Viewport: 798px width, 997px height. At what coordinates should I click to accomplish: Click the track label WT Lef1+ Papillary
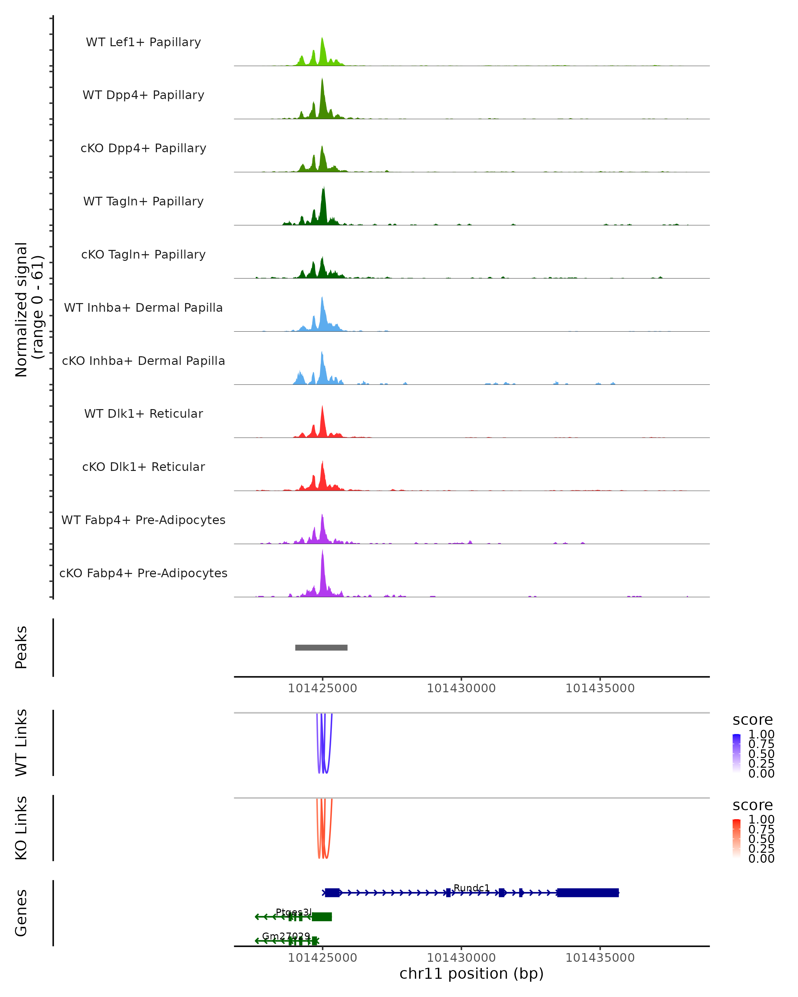click(143, 42)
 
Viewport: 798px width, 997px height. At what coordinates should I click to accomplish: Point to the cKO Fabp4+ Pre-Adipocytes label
click(143, 573)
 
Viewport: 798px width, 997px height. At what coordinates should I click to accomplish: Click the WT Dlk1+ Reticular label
click(143, 413)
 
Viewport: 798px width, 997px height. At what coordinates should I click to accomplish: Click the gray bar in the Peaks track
click(321, 647)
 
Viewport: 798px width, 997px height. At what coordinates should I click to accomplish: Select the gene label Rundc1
click(471, 888)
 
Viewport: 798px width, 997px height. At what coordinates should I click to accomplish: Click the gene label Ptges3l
click(294, 912)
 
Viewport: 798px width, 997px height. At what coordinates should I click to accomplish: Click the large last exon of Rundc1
click(588, 893)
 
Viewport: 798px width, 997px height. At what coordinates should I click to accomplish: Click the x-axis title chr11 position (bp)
click(471, 974)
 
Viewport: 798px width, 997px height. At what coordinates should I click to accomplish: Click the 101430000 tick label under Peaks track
click(461, 689)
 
